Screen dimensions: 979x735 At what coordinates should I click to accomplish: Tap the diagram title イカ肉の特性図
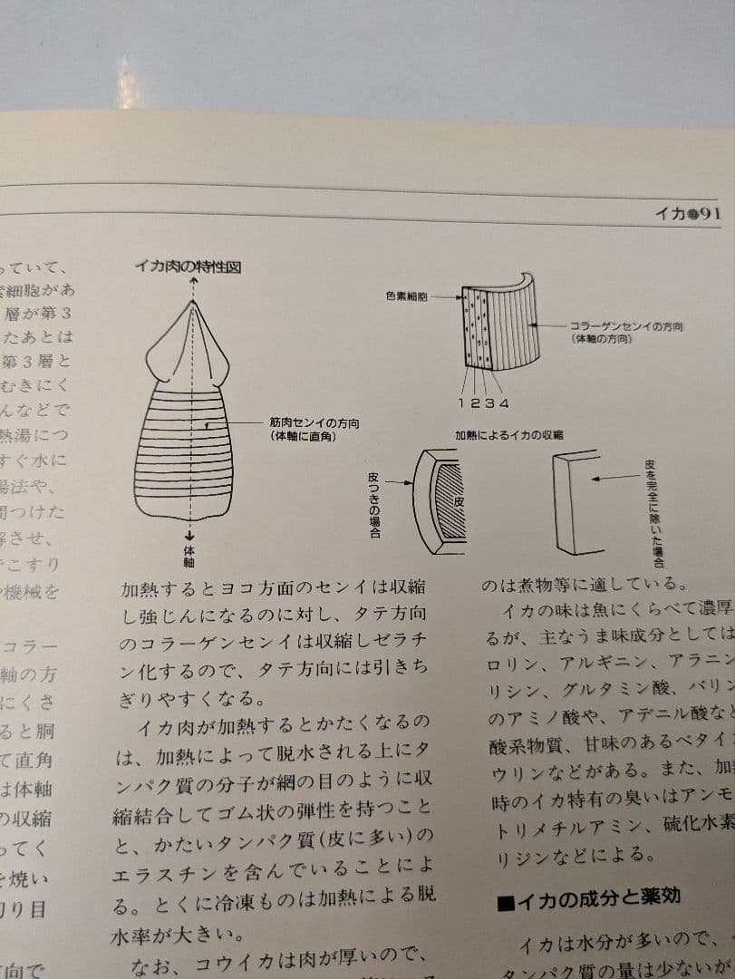(x=188, y=266)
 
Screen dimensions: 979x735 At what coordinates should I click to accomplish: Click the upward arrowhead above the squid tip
(x=194, y=282)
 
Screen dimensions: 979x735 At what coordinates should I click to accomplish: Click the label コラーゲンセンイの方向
(x=626, y=325)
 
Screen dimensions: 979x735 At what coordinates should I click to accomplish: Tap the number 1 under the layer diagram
(x=462, y=402)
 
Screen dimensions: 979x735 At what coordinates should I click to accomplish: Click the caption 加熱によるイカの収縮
(x=508, y=435)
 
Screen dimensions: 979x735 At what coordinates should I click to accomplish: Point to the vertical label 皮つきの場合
(x=374, y=504)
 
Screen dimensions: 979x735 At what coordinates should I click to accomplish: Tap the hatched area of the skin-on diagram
(x=450, y=502)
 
